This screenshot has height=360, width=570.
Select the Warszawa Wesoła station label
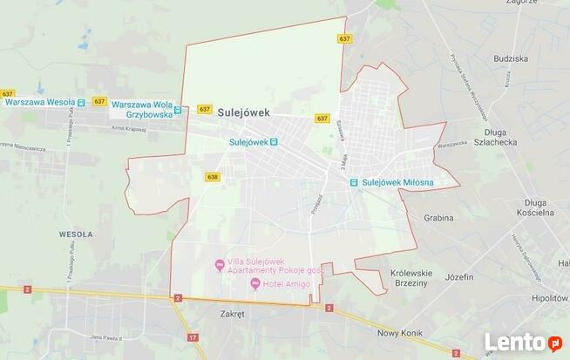39,102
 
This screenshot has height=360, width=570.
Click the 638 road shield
213,177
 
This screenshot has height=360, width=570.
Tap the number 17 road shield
192,336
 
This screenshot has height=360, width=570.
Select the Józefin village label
458,276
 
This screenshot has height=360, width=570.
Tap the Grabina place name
438,218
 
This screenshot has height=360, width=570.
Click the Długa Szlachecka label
500,137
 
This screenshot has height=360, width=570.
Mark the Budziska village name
510,58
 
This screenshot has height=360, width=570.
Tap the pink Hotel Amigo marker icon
254,282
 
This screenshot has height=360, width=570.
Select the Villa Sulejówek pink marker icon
219,264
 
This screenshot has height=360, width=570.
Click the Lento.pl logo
523,343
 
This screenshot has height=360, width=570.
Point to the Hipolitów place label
548,297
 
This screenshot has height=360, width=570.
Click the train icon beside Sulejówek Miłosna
354,182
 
